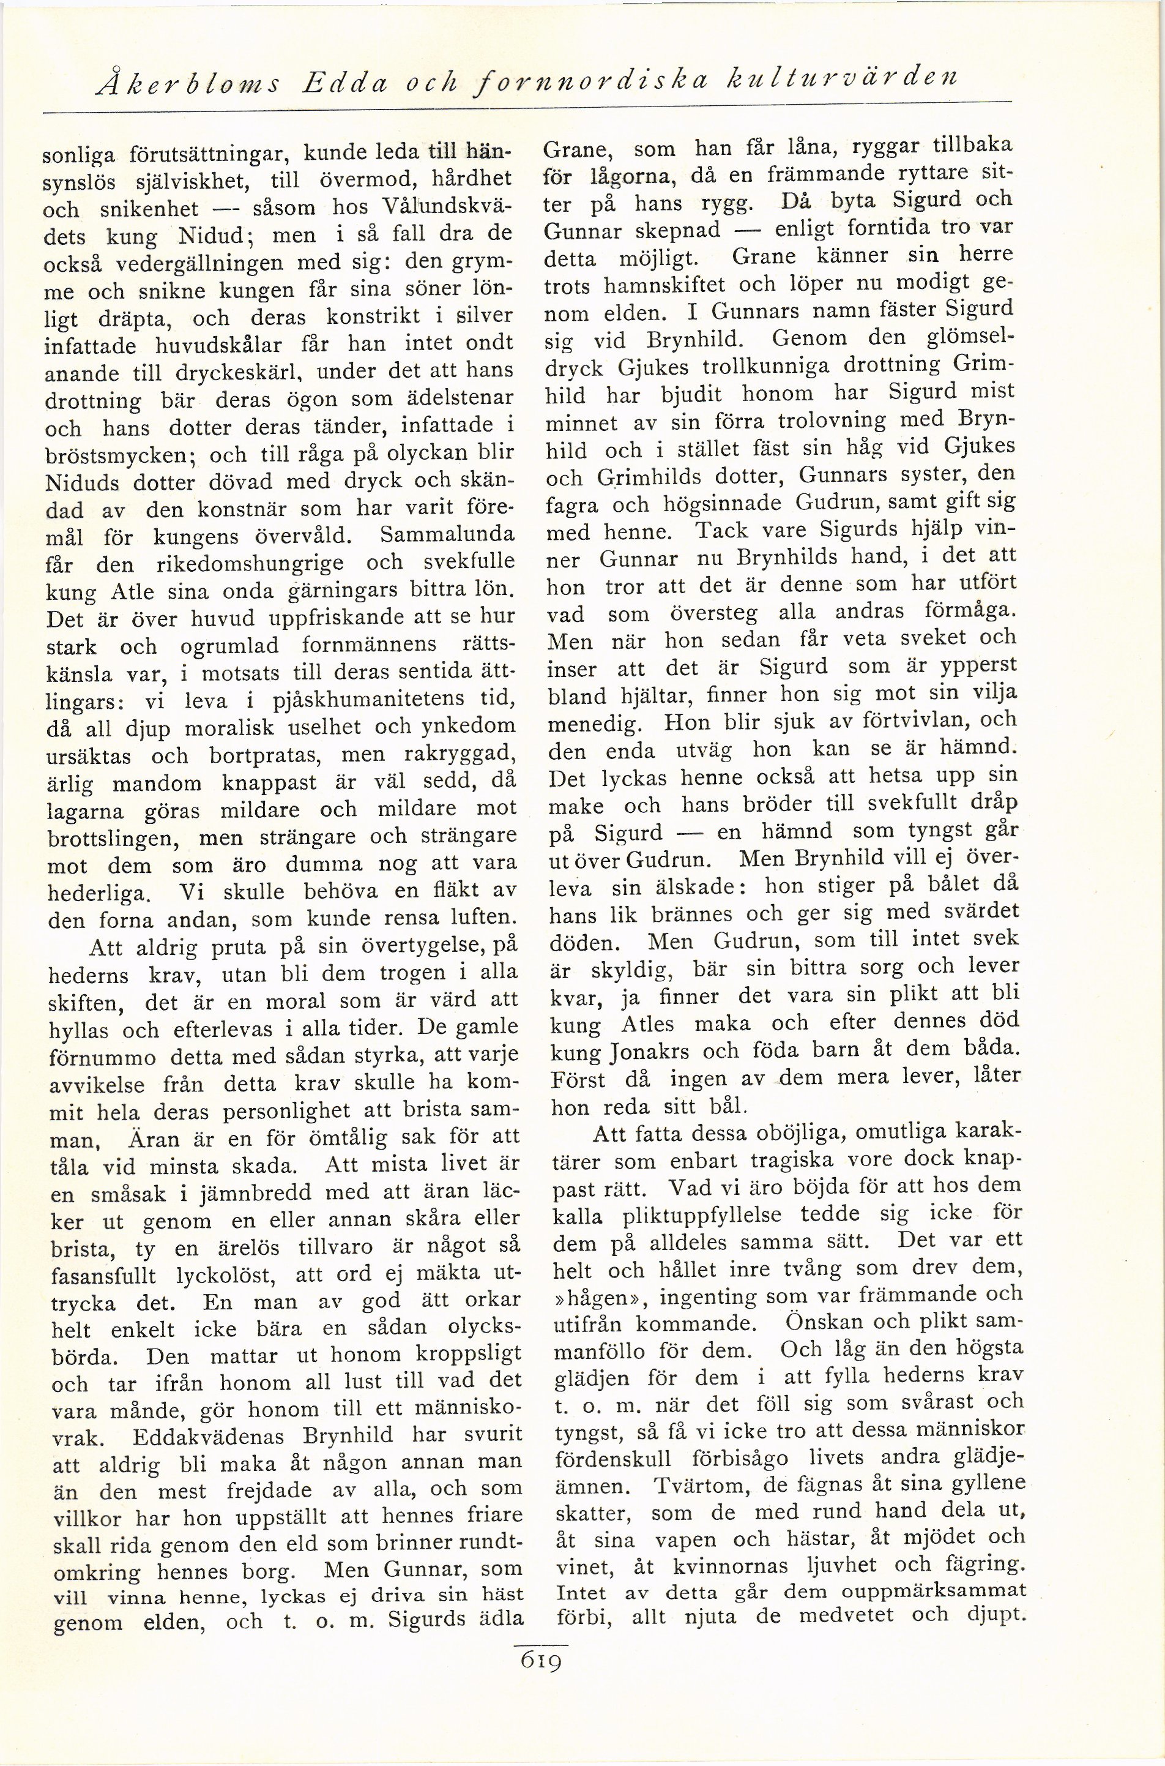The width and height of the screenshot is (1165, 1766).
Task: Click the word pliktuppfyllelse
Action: (x=693, y=1214)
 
